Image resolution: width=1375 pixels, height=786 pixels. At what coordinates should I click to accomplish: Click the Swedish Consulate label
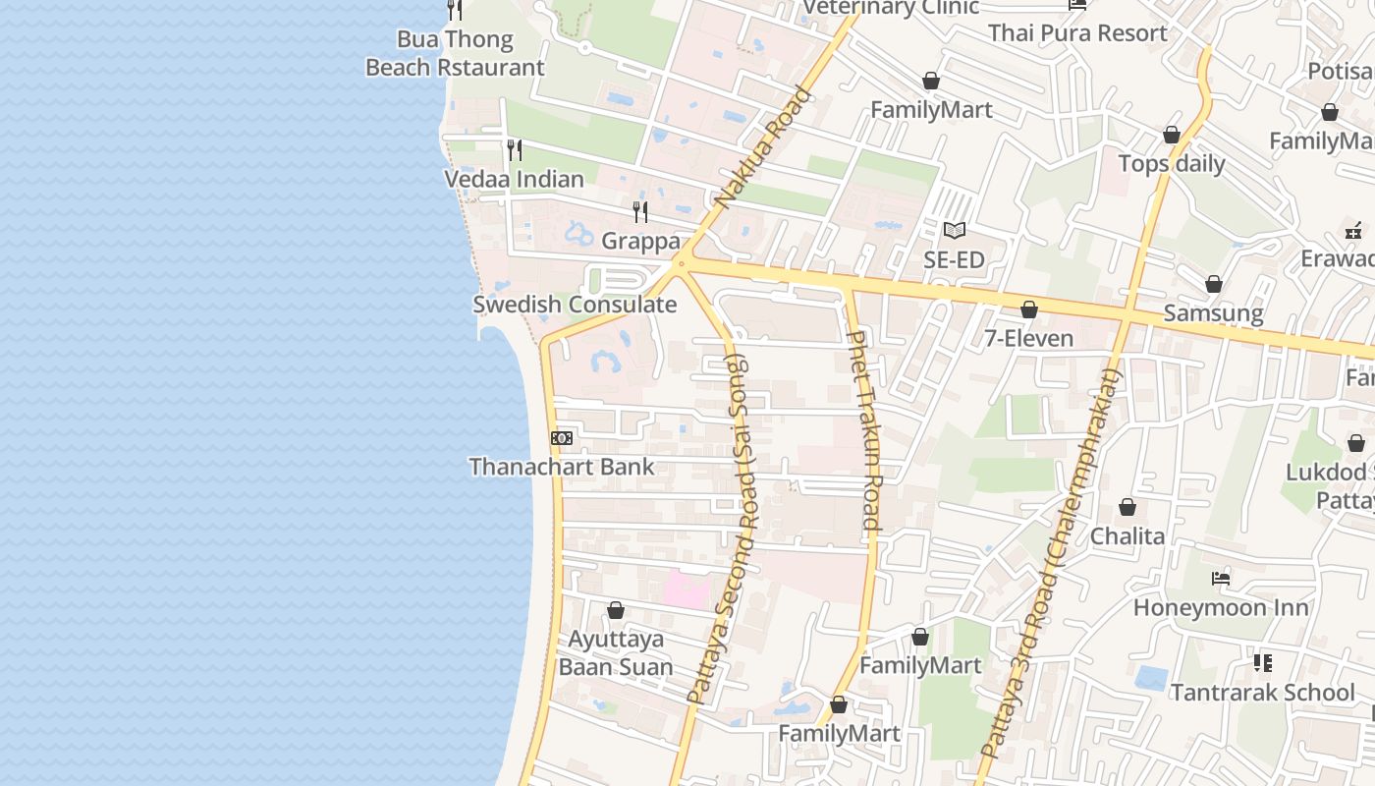point(575,305)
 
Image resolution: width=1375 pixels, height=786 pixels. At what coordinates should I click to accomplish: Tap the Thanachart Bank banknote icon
point(562,438)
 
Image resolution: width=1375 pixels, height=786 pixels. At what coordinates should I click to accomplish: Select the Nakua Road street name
point(763,148)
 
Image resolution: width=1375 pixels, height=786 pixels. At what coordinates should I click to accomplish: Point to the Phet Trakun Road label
point(863,430)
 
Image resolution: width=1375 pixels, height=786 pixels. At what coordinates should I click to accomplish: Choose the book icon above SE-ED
point(954,231)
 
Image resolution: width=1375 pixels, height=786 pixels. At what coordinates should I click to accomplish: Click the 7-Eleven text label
point(1028,339)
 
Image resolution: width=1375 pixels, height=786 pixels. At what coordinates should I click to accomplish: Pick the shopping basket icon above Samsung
point(1214,284)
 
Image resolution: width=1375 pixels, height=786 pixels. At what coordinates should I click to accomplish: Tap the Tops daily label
point(1172,163)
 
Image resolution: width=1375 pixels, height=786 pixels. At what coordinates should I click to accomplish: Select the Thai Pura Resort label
point(1077,32)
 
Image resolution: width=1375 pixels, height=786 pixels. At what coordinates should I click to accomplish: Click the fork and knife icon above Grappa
point(640,211)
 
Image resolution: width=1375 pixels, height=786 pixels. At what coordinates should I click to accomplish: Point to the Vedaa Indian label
point(514,179)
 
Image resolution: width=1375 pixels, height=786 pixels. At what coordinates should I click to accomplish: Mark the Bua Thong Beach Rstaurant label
point(455,53)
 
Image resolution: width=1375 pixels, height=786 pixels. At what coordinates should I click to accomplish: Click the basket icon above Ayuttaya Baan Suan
point(616,610)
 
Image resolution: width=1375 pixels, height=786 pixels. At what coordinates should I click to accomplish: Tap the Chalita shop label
point(1127,536)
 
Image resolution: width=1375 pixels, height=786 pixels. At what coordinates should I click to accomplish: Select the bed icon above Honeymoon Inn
point(1221,579)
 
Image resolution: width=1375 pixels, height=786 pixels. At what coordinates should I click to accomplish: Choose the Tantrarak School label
point(1262,693)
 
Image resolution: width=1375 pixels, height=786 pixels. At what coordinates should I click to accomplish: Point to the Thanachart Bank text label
point(562,467)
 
